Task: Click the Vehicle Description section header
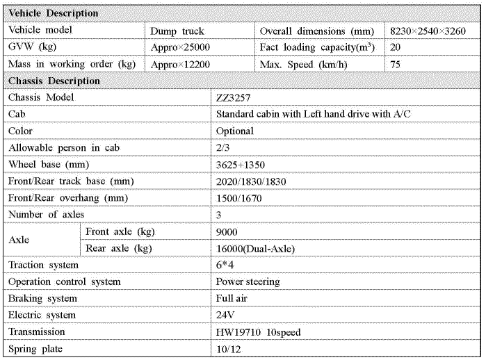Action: [54, 13]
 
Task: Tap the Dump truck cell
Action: [177, 31]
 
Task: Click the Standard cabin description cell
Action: [313, 115]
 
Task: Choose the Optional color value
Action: [235, 131]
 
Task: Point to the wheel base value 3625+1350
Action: [241, 165]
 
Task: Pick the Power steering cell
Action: [248, 282]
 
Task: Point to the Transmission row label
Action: [37, 332]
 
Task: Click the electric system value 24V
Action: [224, 316]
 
